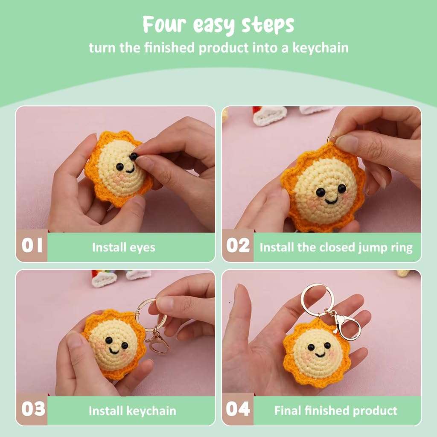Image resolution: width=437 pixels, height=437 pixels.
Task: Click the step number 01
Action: coord(32,245)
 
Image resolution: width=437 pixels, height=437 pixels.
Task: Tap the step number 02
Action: coord(238,245)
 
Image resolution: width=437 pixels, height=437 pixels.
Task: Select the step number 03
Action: coord(33,409)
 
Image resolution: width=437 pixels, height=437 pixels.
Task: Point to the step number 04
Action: coord(238,409)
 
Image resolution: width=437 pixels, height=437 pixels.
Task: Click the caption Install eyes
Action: coord(123,248)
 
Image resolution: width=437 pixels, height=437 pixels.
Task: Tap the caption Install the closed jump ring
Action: coord(336,248)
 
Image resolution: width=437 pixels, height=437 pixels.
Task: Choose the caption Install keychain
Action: coord(132,411)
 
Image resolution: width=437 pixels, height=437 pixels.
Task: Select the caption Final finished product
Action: coord(336,411)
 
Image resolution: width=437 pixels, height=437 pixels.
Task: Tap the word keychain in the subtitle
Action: coord(320,48)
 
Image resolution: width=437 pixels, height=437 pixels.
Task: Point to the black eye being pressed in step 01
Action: coord(134,156)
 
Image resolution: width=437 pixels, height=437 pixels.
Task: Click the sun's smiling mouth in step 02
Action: coord(331,201)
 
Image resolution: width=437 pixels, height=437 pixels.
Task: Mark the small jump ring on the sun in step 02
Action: coord(332,139)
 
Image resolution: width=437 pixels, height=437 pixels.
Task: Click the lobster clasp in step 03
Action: coord(158,344)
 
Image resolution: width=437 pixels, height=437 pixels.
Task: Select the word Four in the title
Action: coord(164,24)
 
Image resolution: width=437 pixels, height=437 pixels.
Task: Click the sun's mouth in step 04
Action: coord(320,355)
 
